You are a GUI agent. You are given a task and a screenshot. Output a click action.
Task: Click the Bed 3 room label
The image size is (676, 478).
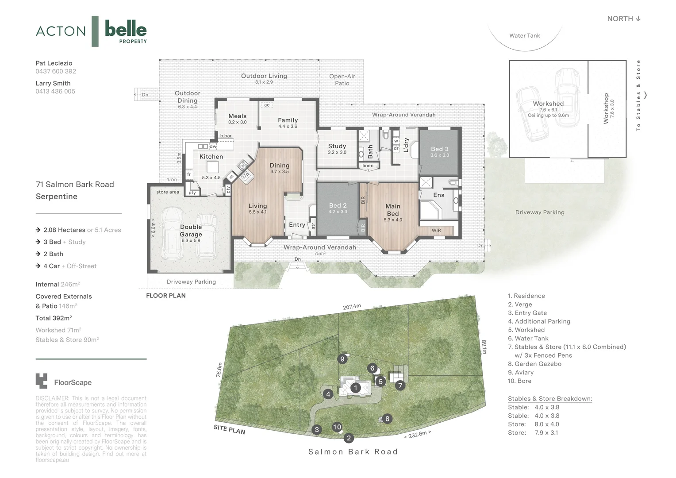click(439, 149)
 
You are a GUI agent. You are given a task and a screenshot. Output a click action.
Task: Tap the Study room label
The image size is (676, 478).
click(337, 146)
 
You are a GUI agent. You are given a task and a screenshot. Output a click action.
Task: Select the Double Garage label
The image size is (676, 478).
click(191, 231)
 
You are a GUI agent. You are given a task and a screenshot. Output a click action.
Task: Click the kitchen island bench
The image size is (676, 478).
click(213, 167)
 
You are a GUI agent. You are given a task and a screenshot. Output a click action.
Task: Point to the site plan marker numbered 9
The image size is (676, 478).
click(342, 359)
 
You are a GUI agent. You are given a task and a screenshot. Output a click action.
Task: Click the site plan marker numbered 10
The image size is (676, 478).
click(337, 427)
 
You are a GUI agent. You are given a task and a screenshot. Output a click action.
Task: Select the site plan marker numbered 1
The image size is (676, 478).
click(355, 388)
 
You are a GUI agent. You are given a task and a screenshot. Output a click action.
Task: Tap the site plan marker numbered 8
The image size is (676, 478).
click(387, 419)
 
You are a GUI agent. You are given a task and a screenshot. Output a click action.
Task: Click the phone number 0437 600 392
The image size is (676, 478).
click(56, 71)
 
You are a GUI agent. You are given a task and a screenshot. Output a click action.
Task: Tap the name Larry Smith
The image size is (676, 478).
click(53, 83)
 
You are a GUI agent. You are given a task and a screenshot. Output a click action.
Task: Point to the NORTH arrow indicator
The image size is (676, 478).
click(624, 19)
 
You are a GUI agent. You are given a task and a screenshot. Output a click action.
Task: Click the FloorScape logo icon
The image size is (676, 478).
click(41, 381)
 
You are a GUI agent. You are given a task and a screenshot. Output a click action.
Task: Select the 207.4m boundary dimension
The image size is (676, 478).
click(352, 306)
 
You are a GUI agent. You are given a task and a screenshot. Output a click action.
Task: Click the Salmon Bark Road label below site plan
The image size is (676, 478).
click(353, 452)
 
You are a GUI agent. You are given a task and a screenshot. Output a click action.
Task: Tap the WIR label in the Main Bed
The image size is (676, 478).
click(436, 231)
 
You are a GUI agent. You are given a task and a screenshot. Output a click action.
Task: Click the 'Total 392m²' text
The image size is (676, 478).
click(54, 318)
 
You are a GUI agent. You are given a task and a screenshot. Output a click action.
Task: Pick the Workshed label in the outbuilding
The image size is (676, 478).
click(548, 104)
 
